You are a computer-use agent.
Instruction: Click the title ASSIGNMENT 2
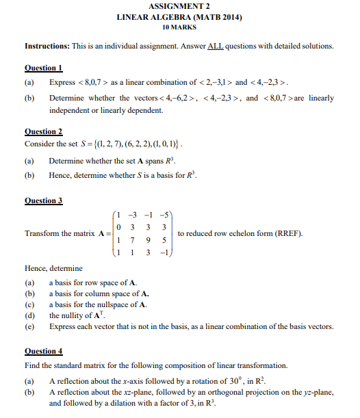pyautogui.click(x=179, y=6)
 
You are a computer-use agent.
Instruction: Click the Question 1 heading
pyautogui.click(x=43, y=68)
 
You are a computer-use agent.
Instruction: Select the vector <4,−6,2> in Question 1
pyautogui.click(x=179, y=99)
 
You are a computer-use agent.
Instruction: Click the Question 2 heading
pyautogui.click(x=43, y=131)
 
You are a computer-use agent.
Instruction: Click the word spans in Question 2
pyautogui.click(x=149, y=161)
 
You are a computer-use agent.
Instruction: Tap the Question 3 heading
pyautogui.click(x=43, y=200)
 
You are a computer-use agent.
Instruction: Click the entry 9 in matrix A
pyautogui.click(x=146, y=240)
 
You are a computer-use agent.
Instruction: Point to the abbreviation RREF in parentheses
pyautogui.click(x=288, y=233)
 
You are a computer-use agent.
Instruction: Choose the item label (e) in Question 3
pyautogui.click(x=29, y=326)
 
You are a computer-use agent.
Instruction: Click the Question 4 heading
pyautogui.click(x=43, y=351)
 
